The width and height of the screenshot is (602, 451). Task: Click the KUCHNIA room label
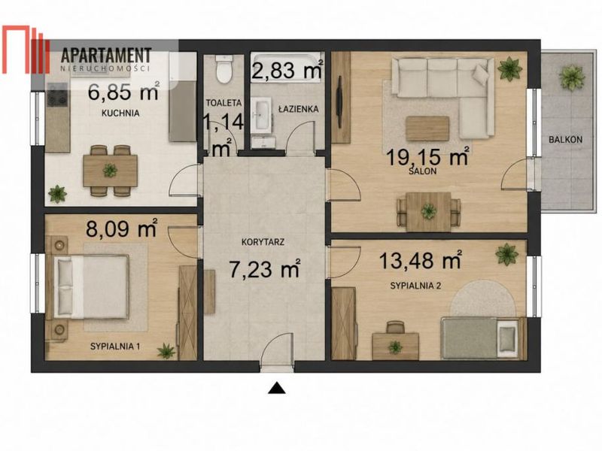(x=120, y=114)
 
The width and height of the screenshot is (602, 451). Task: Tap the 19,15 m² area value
(x=427, y=156)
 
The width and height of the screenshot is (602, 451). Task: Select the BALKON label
(x=565, y=140)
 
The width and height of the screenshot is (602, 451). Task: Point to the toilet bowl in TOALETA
(x=223, y=69)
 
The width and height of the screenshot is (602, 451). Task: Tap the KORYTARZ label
(x=263, y=242)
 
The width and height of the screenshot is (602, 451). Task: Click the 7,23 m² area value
(x=265, y=268)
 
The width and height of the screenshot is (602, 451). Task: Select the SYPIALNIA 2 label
(x=415, y=286)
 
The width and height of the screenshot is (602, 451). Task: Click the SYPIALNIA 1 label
(x=115, y=347)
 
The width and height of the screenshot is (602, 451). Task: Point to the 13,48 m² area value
(x=420, y=260)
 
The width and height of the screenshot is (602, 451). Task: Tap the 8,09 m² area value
(x=122, y=229)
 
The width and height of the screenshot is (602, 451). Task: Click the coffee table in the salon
(x=427, y=129)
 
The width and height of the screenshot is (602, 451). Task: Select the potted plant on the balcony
(x=572, y=77)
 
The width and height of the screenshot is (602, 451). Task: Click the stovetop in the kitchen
(x=58, y=95)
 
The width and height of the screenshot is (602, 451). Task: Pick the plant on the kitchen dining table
(x=110, y=170)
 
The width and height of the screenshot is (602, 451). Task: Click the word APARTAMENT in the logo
(x=106, y=56)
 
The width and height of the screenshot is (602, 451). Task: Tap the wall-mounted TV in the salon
(x=340, y=101)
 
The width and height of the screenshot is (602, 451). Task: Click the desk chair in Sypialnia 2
(x=396, y=327)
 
